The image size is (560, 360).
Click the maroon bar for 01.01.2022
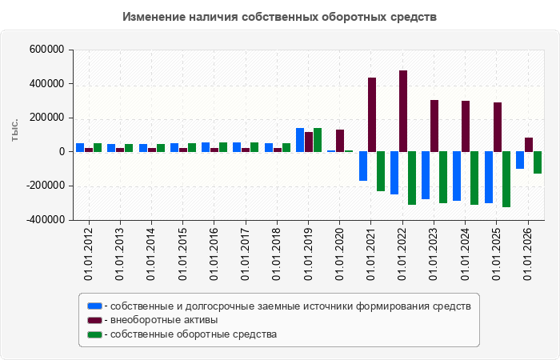pos(403,111)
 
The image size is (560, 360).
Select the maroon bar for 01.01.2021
pos(372,114)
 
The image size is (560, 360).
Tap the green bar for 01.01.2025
pos(506,179)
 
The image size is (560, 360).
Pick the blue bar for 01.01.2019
pos(300,140)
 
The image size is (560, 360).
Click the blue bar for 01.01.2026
pos(520,160)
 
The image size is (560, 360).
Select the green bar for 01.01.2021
pos(381,171)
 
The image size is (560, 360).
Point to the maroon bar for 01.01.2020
pos(340,141)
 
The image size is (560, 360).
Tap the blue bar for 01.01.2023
pos(426,175)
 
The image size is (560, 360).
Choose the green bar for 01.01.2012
pos(98,147)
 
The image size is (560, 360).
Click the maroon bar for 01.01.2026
pos(529,145)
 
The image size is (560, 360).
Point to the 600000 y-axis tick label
pos(46,50)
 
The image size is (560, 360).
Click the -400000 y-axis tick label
pos(46,220)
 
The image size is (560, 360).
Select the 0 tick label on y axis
pos(62,151)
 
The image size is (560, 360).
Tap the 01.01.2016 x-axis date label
pos(214,254)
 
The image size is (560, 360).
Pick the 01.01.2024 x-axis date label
pos(465,254)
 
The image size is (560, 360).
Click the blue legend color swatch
pos(94,306)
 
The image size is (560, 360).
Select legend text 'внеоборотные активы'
pos(164,320)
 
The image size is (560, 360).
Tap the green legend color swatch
pos(94,334)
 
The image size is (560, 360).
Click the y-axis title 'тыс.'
pos(14,130)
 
